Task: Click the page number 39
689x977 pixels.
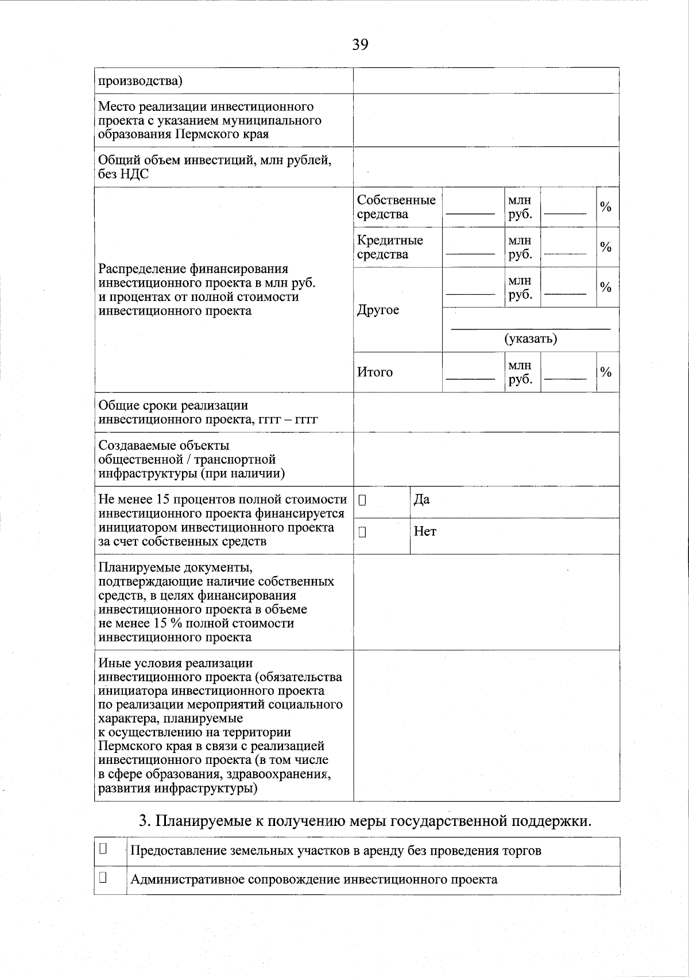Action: coord(360,44)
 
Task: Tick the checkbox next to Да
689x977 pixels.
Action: coord(362,500)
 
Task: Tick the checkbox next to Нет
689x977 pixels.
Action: coord(362,532)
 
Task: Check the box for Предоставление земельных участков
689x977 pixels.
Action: coord(103,848)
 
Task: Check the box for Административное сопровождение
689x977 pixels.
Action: coord(103,877)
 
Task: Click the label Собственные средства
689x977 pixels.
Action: coord(396,207)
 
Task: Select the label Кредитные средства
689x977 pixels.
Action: coord(389,247)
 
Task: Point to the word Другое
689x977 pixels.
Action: coord(377,310)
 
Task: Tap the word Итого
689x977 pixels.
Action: coord(374,372)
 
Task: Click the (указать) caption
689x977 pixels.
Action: coord(531,338)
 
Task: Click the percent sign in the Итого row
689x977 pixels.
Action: coord(605,372)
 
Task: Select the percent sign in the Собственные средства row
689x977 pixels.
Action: coord(605,207)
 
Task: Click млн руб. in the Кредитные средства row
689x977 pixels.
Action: coord(520,247)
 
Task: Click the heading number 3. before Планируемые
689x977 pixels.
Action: coord(145,821)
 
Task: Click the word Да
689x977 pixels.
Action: coord(421,500)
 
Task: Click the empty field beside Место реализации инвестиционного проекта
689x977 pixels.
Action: coord(486,120)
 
